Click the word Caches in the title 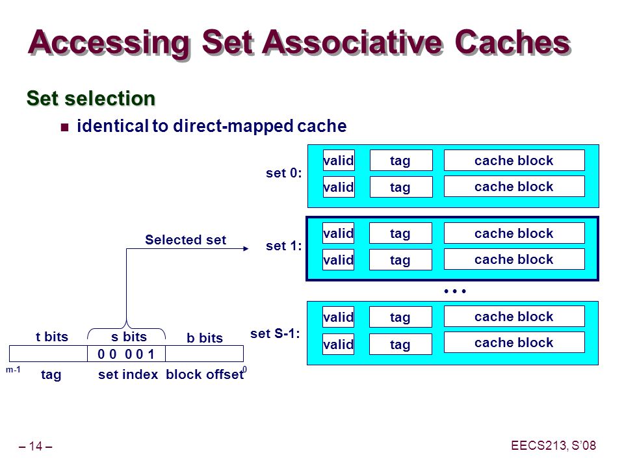click(x=513, y=42)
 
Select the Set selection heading click(x=91, y=98)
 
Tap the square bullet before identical click(x=64, y=127)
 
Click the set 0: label click(x=284, y=173)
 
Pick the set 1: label click(x=284, y=246)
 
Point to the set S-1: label click(x=275, y=333)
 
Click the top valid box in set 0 click(x=339, y=161)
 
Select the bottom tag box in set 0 click(x=401, y=187)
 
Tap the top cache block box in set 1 click(x=514, y=233)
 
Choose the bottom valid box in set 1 click(x=338, y=260)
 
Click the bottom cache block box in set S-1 click(x=514, y=343)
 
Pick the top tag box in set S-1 click(x=400, y=317)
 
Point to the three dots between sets click(x=455, y=291)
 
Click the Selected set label click(x=185, y=240)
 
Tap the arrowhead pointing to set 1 click(x=246, y=249)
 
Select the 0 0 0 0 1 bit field click(x=126, y=354)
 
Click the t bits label click(x=52, y=337)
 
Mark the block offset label click(x=205, y=374)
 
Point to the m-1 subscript click(x=13, y=370)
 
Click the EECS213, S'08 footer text click(x=554, y=445)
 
